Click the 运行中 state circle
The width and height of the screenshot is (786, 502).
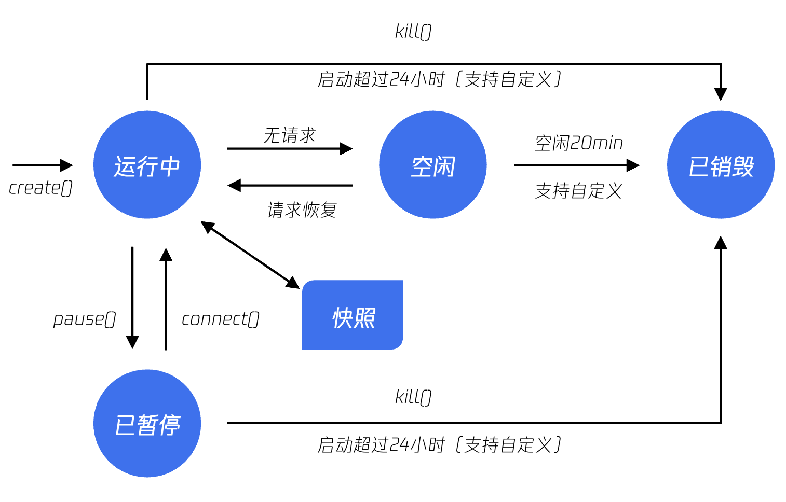[147, 165]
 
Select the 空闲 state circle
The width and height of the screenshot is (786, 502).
[432, 165]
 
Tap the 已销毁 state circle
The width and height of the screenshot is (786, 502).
[721, 165]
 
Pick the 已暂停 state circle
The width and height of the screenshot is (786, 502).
[147, 423]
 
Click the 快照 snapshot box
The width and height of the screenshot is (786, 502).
[353, 315]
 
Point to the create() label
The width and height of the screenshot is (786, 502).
[40, 188]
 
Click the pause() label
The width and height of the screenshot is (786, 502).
[85, 319]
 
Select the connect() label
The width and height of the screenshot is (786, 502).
[220, 319]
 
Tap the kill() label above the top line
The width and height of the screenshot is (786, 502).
[413, 32]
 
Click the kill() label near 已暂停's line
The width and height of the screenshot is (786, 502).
[413, 397]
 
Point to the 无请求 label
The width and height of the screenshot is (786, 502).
[290, 135]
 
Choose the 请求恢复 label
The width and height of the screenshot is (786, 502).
[302, 210]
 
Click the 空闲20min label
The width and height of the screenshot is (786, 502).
[579, 143]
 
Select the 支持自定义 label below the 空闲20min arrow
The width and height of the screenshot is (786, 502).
[579, 191]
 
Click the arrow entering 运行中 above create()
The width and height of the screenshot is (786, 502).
[43, 165]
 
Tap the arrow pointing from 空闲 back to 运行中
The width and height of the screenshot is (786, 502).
[290, 185]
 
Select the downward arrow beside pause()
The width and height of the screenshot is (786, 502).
[132, 298]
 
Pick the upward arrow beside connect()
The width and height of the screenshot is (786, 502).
[166, 299]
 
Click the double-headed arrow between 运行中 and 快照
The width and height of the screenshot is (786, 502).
[250, 255]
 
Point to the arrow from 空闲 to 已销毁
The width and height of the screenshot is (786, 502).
[577, 165]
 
